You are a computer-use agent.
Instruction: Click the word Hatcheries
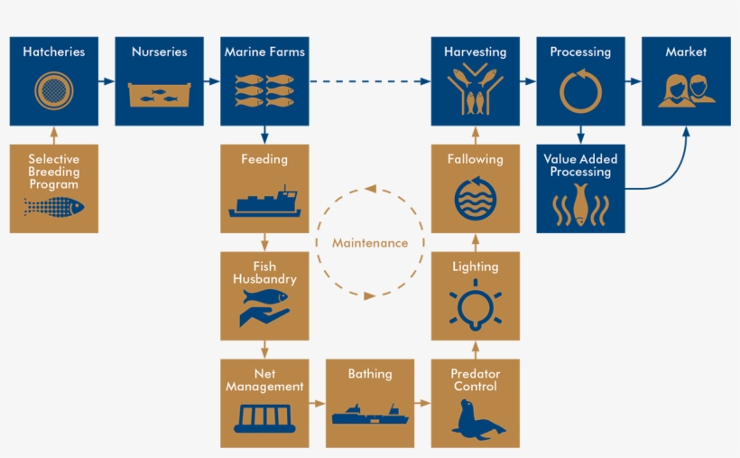54,51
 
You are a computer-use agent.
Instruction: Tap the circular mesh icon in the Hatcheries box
54,90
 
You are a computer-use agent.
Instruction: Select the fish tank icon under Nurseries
160,95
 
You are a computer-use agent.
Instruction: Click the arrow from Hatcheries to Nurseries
106,81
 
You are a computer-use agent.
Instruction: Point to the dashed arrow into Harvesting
370,81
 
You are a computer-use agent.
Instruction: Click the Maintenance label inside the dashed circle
370,243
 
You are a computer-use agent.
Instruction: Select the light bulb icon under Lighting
476,304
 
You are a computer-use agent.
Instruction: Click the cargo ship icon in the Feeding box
264,201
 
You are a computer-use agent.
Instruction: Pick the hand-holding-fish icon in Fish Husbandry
264,308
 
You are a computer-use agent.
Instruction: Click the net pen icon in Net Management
264,418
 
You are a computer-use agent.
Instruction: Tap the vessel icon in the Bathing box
370,414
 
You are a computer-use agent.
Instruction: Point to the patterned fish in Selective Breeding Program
54,207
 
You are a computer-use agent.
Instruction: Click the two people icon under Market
687,90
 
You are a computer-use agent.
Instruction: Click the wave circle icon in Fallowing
476,199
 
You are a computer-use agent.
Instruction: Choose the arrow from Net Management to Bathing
317,403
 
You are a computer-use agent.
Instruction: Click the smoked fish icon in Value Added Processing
580,205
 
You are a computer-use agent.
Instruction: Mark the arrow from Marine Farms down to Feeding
264,135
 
